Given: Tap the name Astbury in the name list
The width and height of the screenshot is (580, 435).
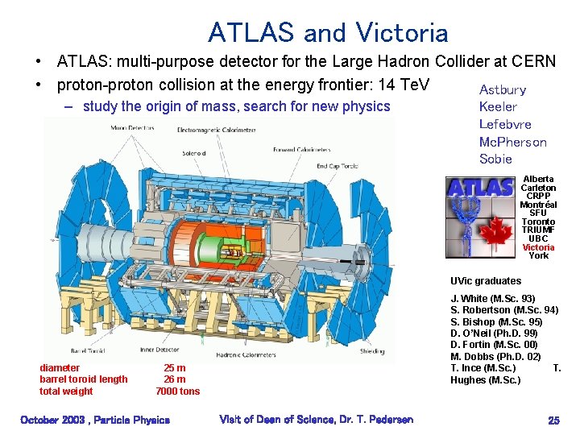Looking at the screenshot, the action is [503, 89].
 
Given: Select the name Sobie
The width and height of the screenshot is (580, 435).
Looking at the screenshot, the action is [495, 159].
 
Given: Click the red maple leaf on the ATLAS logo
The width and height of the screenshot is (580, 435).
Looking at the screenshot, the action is [501, 234].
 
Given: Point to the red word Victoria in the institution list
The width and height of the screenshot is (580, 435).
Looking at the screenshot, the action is [538, 247].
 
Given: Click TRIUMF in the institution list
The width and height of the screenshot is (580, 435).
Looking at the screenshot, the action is [538, 230].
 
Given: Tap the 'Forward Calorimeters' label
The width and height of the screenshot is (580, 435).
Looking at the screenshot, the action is [302, 149].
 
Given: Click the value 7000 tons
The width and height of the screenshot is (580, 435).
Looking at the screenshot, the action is [177, 391].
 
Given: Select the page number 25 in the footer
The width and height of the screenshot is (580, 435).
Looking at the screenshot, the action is [553, 420].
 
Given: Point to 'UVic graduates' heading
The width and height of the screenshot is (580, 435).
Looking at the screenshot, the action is [486, 281].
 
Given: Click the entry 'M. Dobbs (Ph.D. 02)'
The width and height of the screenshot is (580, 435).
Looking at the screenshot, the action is [495, 357].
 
